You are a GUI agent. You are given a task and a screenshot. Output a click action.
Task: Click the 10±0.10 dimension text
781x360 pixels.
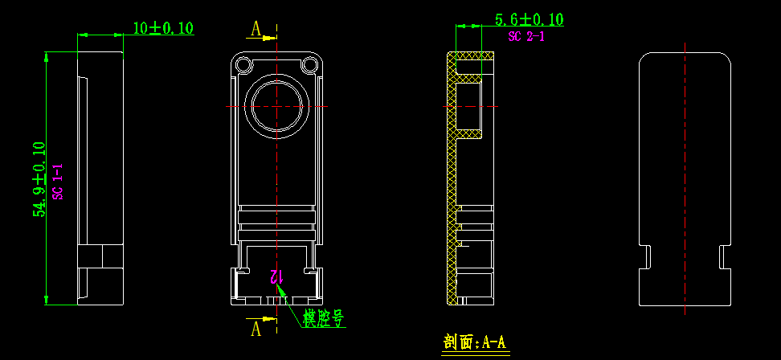pyautogui.click(x=163, y=28)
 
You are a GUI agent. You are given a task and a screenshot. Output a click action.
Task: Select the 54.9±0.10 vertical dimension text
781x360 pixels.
pyautogui.click(x=39, y=179)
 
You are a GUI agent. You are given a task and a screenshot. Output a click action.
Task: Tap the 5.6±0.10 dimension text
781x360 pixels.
pyautogui.click(x=529, y=20)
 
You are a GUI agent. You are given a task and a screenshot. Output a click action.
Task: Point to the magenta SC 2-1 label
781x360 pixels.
pyautogui.click(x=526, y=36)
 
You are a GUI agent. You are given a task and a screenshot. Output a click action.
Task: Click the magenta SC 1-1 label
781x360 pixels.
pyautogui.click(x=58, y=181)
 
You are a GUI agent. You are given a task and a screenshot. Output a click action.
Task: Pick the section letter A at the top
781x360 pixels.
pyautogui.click(x=256, y=30)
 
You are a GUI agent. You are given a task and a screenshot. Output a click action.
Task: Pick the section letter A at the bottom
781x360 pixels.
pyautogui.click(x=256, y=328)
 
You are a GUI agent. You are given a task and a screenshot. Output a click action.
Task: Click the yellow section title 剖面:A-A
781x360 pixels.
pyautogui.click(x=475, y=342)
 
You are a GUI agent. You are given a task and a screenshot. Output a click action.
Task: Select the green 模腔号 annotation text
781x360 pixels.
pyautogui.click(x=324, y=318)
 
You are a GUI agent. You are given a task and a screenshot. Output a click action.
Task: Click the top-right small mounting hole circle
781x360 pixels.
pyautogui.click(x=309, y=64)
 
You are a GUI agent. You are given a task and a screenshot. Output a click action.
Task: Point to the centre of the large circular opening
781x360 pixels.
pyautogui.click(x=277, y=106)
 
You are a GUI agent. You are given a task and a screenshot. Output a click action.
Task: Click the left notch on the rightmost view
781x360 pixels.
pyautogui.click(x=645, y=256)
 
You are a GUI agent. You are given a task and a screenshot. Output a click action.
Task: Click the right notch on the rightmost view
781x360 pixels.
pyautogui.click(x=724, y=256)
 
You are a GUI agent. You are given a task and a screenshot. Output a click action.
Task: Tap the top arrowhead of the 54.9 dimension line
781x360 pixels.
pyautogui.click(x=46, y=56)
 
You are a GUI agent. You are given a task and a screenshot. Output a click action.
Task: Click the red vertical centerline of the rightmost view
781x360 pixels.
pyautogui.click(x=685, y=177)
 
